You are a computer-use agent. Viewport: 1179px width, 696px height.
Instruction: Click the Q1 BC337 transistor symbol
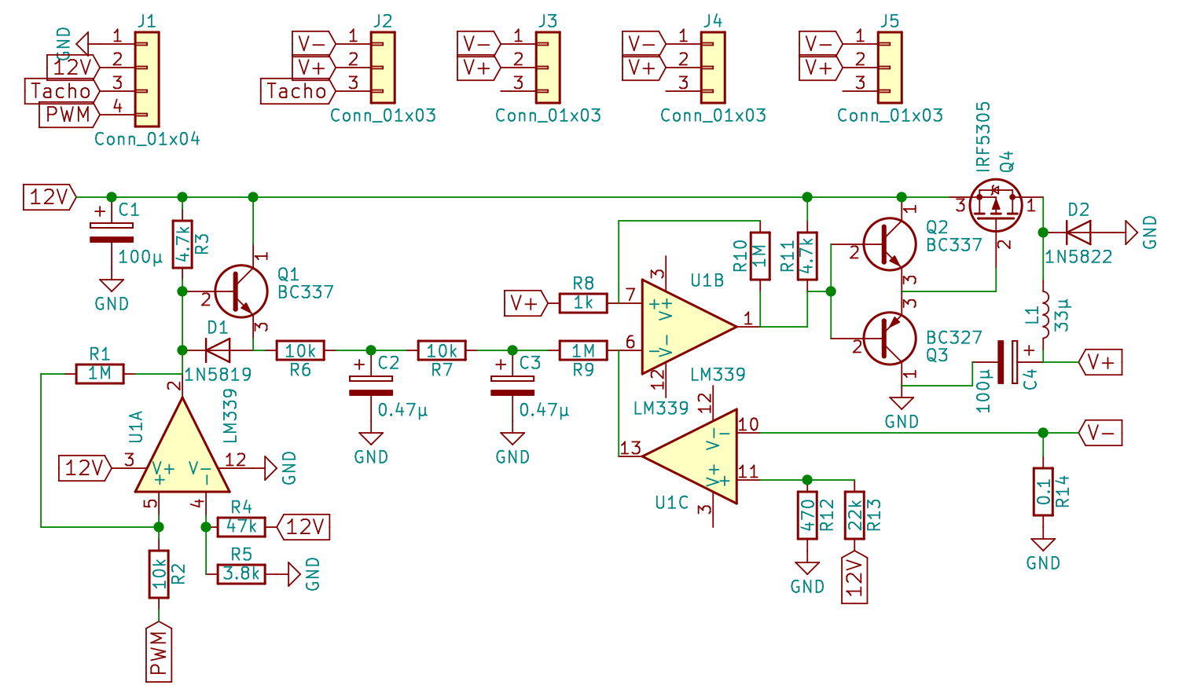[x=241, y=291]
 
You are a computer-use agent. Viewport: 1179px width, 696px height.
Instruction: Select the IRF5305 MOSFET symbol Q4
[x=995, y=205]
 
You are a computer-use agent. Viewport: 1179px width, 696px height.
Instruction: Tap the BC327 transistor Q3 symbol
[x=890, y=339]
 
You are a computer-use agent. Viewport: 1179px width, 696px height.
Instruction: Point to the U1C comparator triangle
[x=689, y=456]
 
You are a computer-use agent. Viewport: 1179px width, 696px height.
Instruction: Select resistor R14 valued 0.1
[x=1043, y=491]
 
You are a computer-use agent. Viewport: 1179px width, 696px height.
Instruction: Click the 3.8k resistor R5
[x=241, y=573]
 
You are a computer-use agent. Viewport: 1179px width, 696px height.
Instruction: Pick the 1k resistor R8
[x=583, y=303]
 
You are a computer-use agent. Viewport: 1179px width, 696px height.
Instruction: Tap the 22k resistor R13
[x=854, y=515]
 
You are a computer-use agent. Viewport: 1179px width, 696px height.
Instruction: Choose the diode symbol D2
[x=1078, y=232]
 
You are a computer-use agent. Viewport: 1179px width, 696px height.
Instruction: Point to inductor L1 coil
[x=1045, y=314]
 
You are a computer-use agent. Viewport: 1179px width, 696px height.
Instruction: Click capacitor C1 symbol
[x=111, y=233]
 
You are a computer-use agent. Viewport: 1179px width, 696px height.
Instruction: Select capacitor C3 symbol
[x=512, y=386]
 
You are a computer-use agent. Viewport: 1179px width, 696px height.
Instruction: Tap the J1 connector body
[x=147, y=79]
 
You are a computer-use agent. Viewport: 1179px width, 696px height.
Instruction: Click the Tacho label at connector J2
[x=298, y=91]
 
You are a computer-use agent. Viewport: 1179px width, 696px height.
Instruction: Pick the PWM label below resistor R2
[x=159, y=652]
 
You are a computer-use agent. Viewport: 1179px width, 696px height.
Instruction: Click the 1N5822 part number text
[x=1078, y=257]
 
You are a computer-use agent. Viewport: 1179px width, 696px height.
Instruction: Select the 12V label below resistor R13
[x=854, y=577]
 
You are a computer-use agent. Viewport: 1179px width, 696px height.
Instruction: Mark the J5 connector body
[x=890, y=68]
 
